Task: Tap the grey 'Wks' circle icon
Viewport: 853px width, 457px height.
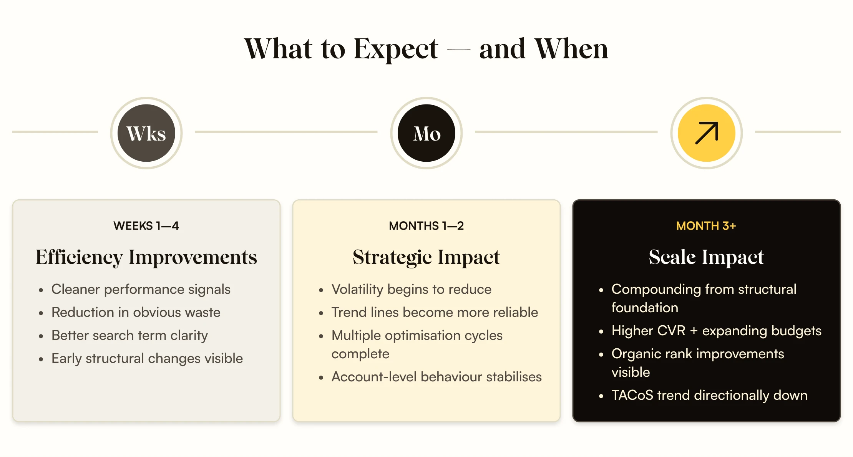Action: [x=146, y=133]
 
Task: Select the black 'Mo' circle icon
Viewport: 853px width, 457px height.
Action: [x=426, y=133]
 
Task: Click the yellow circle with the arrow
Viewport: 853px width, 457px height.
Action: [x=706, y=133]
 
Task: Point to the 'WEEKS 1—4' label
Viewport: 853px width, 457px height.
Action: [x=146, y=226]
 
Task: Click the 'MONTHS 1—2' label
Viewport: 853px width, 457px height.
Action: [x=426, y=226]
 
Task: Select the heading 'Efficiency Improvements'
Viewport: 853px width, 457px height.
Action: [x=146, y=257]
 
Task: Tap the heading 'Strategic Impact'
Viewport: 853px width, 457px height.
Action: [x=426, y=257]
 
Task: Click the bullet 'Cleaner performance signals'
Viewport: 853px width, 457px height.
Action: [x=141, y=290]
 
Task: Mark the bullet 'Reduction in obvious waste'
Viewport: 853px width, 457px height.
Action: [x=136, y=313]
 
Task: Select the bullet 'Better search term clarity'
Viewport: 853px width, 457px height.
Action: [x=129, y=336]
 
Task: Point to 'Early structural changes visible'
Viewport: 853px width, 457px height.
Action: [x=147, y=359]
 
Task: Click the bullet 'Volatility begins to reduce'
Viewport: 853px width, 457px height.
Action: [x=411, y=290]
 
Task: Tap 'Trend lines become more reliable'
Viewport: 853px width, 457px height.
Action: [x=435, y=313]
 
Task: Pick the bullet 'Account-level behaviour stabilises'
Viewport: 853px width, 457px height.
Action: [x=436, y=377]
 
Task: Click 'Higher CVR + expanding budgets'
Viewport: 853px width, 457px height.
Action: [x=716, y=331]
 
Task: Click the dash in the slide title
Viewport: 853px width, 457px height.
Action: [x=458, y=50]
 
